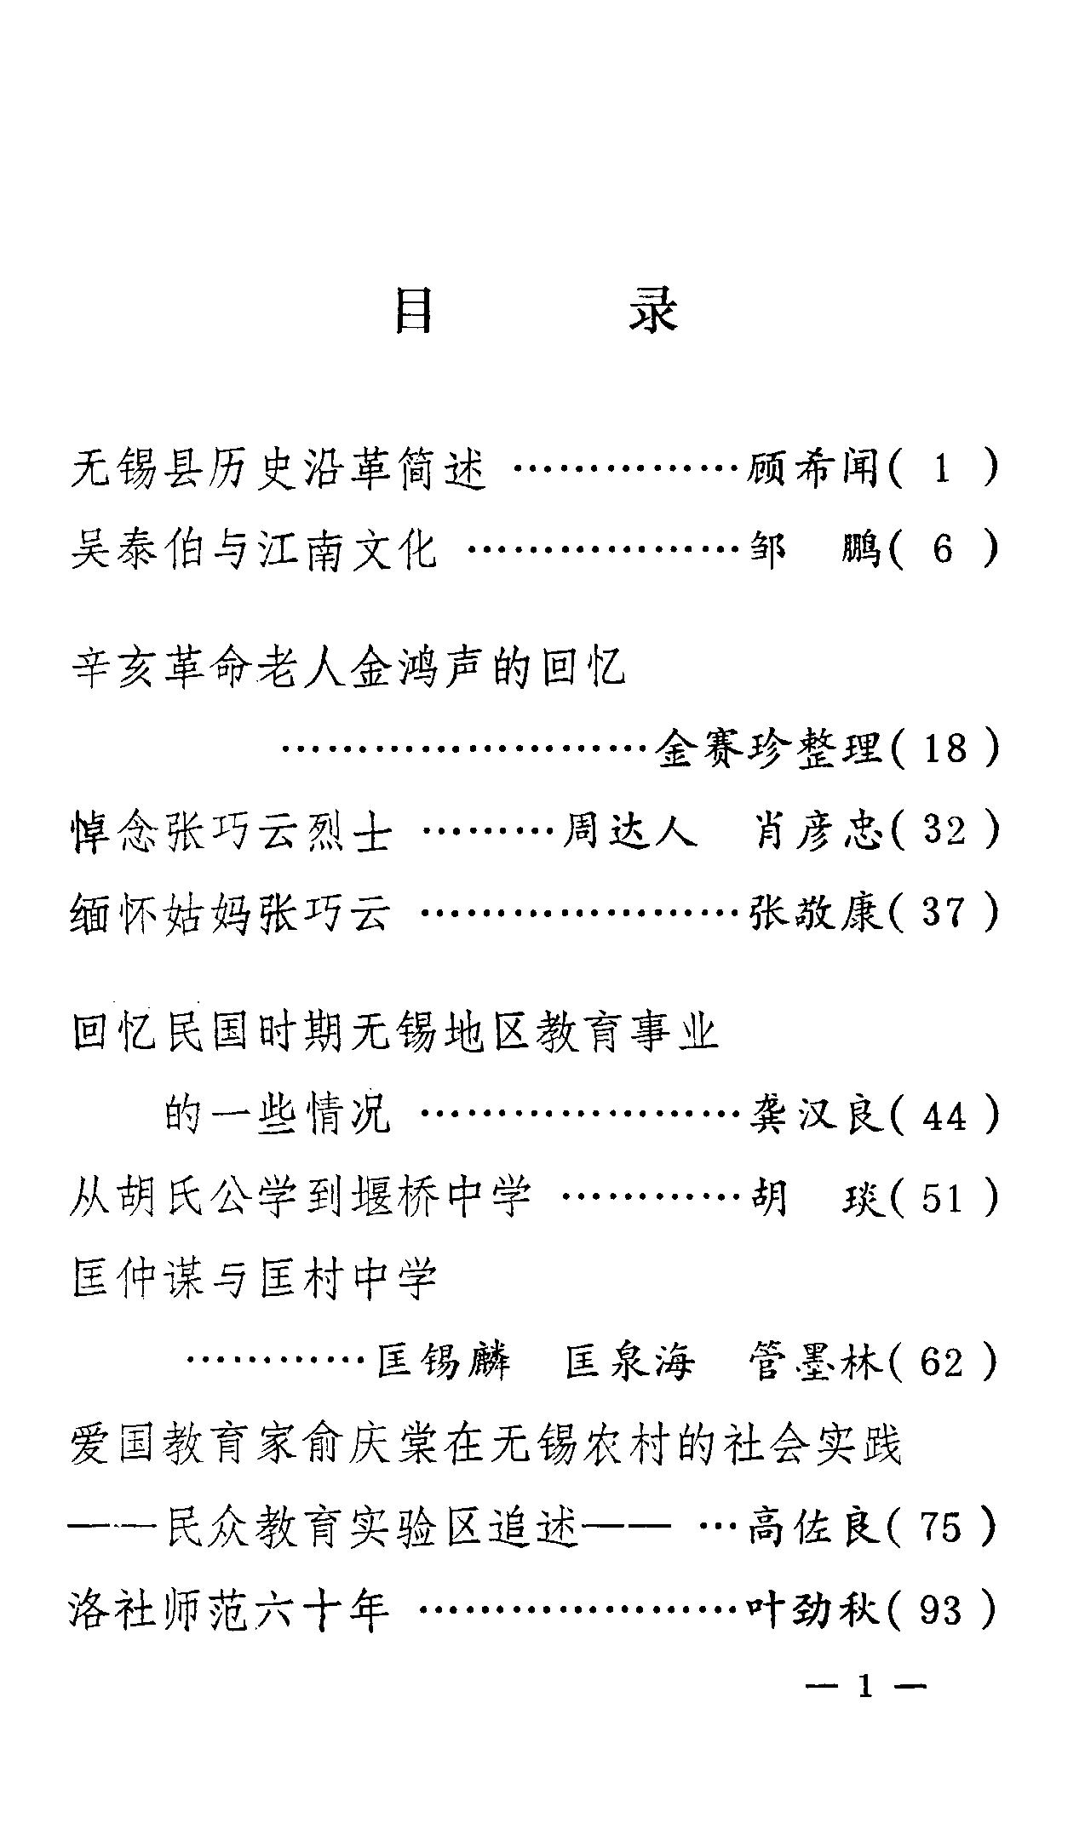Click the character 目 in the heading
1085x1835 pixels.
[415, 312]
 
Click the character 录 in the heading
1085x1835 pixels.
[653, 312]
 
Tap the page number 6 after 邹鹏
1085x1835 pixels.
[943, 550]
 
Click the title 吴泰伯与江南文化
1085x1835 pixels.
[253, 550]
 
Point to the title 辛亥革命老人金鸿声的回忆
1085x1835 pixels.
[347, 667]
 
